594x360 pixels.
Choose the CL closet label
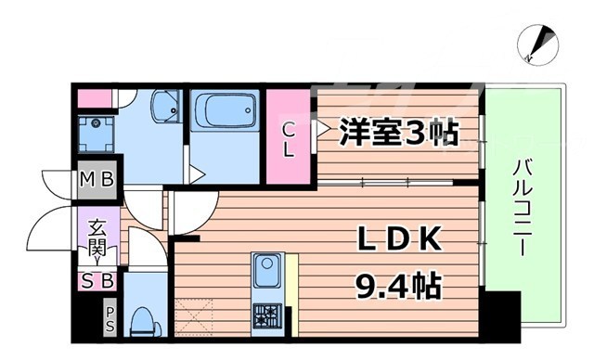coord(289,140)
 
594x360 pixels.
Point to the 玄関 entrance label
coord(97,238)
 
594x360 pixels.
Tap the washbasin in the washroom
coord(167,109)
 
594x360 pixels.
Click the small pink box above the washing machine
coord(93,97)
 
